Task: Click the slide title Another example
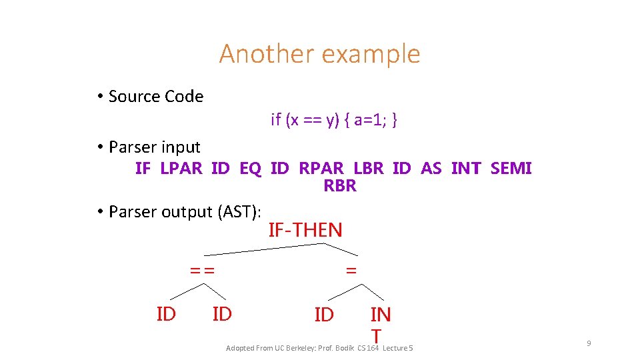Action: click(319, 53)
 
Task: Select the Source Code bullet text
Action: click(155, 97)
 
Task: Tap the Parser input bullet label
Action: click(154, 147)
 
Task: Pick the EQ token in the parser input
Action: click(250, 169)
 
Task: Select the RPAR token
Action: click(321, 169)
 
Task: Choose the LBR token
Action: click(369, 169)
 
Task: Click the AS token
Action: click(431, 169)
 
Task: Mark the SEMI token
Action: click(511, 169)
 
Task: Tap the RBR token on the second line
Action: click(340, 186)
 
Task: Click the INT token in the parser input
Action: click(465, 169)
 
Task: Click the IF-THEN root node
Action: click(305, 231)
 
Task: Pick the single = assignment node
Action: click(351, 271)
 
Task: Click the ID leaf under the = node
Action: click(324, 315)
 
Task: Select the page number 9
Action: click(589, 343)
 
